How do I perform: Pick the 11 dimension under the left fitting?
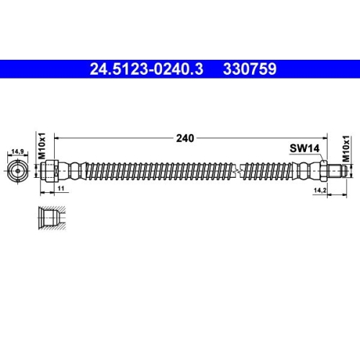click(x=61, y=187)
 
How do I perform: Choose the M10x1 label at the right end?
click(x=346, y=148)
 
